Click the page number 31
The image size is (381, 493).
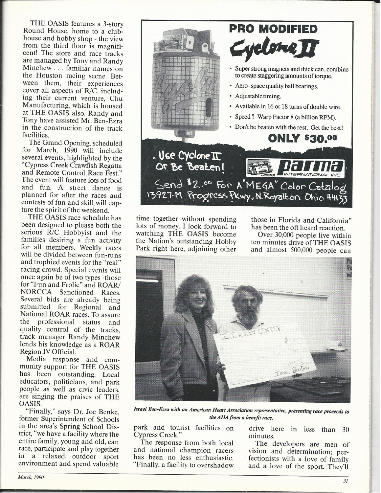coord(345,482)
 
